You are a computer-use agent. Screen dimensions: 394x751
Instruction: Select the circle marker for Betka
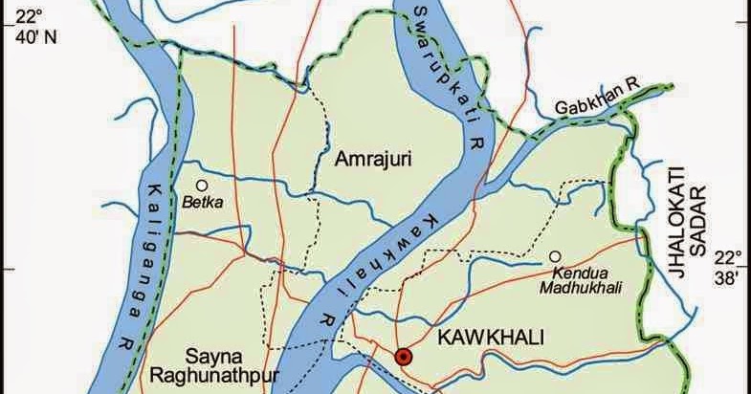tap(201, 185)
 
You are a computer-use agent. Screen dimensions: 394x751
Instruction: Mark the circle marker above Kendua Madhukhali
tap(555, 255)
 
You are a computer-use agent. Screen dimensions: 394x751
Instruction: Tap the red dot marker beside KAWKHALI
tap(405, 357)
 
